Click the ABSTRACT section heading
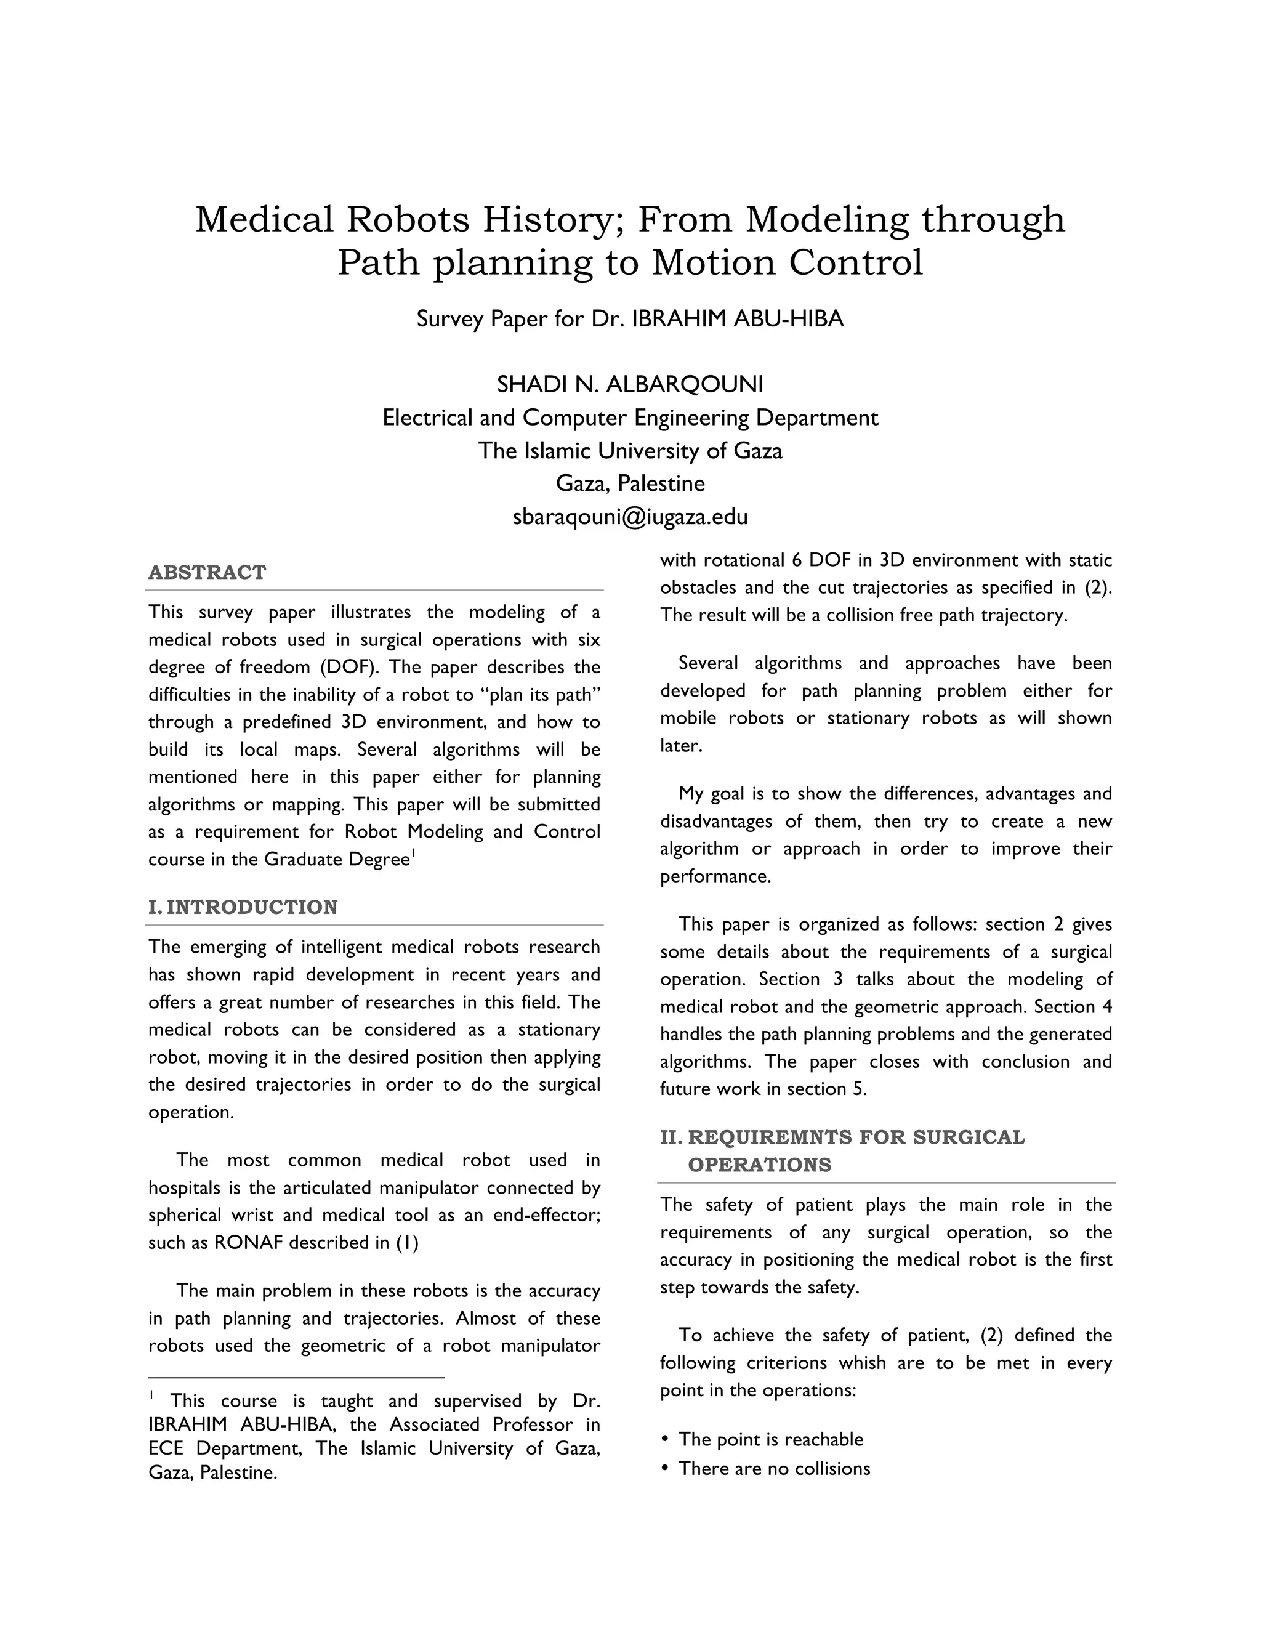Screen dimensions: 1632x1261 coord(207,572)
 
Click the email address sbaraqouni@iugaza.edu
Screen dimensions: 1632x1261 coord(630,516)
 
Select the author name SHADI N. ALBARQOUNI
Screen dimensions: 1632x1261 coord(630,384)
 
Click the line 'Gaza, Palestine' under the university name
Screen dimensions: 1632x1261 coord(630,483)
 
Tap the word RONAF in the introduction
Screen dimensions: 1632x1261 coord(248,1243)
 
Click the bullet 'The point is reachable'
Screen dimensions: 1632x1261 coord(770,1439)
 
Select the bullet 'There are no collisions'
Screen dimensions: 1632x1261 coord(774,1468)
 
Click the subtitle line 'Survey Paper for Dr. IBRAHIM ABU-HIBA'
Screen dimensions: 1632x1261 coord(630,319)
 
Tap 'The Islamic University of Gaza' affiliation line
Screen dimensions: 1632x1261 coord(630,451)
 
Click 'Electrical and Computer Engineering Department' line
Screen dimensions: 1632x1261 coord(630,418)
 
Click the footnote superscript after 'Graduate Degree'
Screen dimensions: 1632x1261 coord(413,854)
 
